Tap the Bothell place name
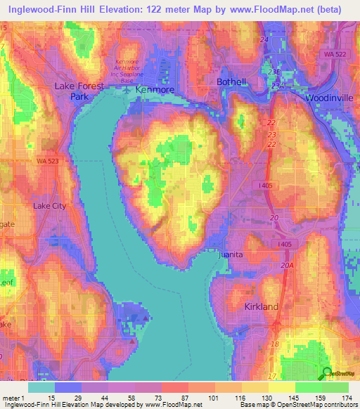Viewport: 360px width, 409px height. tap(231, 82)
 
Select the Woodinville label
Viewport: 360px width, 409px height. tap(329, 98)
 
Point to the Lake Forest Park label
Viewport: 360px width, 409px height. tap(79, 91)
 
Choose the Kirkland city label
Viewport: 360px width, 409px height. tap(261, 307)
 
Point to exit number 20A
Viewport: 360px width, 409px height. tap(286, 265)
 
